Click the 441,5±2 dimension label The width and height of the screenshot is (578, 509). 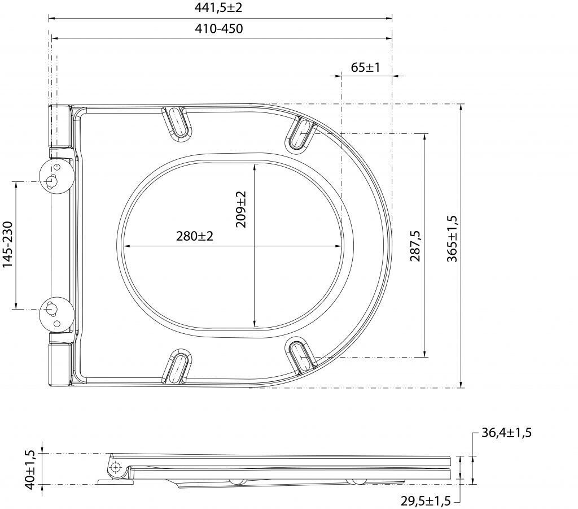tap(218, 7)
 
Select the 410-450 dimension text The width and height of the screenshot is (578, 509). tap(219, 29)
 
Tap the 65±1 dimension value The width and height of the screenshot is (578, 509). tap(365, 67)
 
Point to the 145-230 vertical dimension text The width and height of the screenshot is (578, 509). tap(8, 244)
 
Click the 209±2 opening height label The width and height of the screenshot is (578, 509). tap(240, 209)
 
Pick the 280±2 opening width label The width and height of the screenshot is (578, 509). tap(195, 236)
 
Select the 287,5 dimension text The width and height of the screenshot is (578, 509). tap(415, 246)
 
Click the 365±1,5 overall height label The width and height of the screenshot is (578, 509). tap(452, 239)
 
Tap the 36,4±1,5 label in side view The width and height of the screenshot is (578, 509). tap(506, 432)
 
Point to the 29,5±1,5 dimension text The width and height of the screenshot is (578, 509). tap(426, 501)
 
